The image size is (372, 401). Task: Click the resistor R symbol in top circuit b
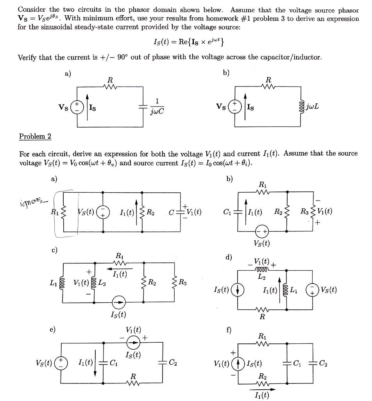268,87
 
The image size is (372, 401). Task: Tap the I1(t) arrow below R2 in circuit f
261,390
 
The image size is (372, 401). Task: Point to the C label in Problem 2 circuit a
171,213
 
